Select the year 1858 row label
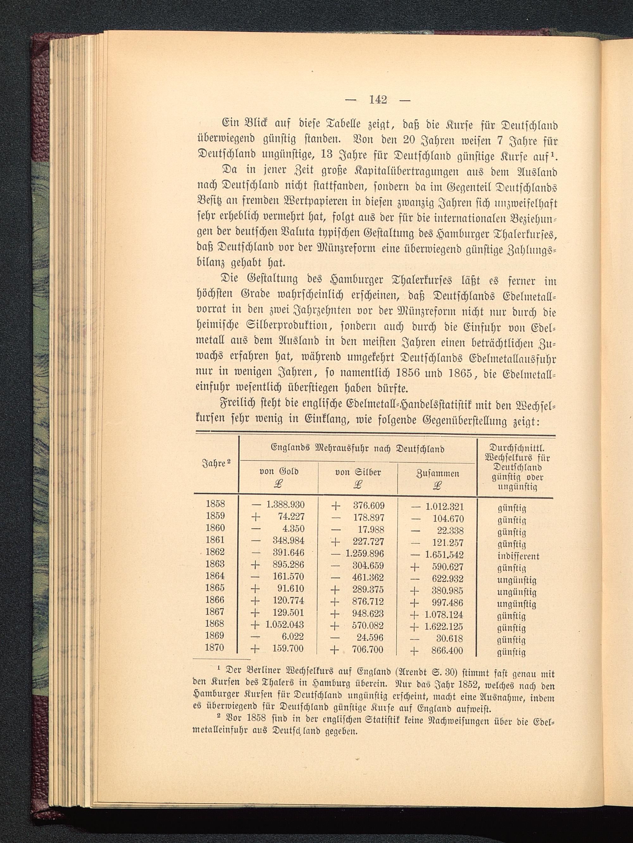point(216,504)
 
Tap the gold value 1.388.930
point(285,505)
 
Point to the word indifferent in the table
point(518,556)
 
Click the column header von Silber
point(358,473)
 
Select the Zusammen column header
point(438,473)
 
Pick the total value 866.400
point(447,651)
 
